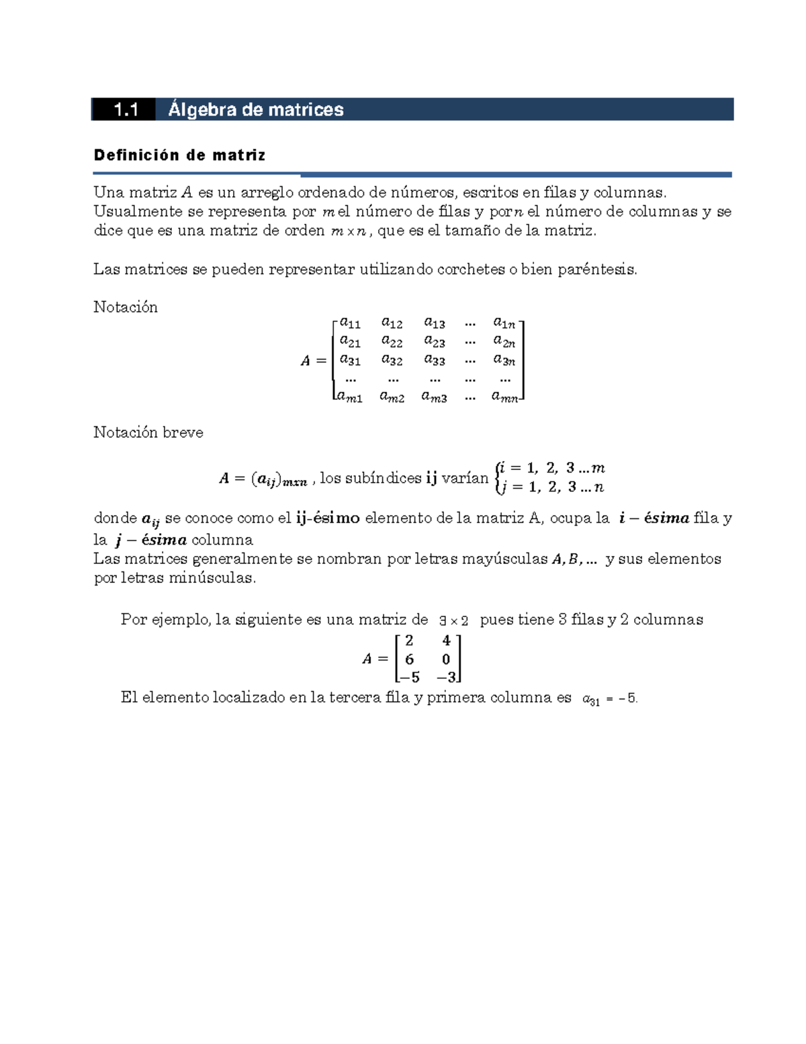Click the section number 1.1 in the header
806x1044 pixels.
click(x=126, y=110)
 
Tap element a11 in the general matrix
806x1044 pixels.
click(x=350, y=323)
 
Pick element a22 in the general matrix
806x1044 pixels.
click(x=392, y=342)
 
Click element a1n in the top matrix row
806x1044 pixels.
click(x=504, y=323)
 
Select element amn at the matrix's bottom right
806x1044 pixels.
click(x=505, y=397)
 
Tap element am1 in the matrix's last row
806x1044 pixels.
click(x=349, y=397)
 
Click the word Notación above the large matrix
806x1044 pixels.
click(x=126, y=307)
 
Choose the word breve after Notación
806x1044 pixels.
click(x=183, y=432)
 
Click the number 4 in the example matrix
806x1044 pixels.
click(x=446, y=641)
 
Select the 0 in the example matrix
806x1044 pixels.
click(x=446, y=659)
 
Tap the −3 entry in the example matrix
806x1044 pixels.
click(x=446, y=678)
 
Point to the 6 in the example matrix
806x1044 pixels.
click(x=409, y=659)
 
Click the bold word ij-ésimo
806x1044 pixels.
click(x=328, y=518)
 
